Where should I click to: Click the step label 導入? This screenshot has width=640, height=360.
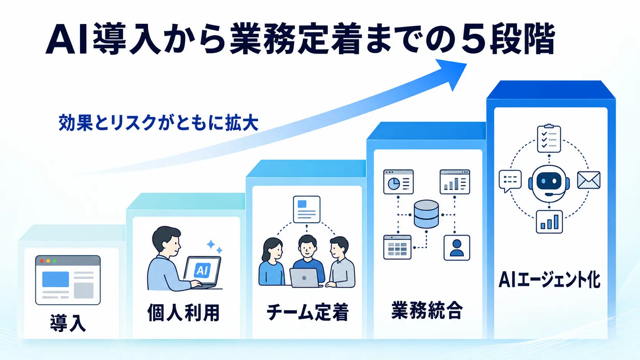click(x=68, y=323)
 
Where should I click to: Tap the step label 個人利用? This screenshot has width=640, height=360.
click(x=183, y=313)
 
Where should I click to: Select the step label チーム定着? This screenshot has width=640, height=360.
click(x=307, y=312)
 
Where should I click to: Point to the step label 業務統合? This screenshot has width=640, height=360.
click(x=426, y=310)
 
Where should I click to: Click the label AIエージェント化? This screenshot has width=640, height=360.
click(x=549, y=280)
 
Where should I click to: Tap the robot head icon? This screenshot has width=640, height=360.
click(x=549, y=183)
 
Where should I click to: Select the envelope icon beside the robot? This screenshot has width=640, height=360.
click(x=589, y=180)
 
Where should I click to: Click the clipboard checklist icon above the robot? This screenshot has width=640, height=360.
click(x=549, y=138)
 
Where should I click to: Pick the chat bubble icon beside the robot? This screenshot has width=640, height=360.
click(x=510, y=181)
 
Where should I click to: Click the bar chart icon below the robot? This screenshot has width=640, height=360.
click(x=549, y=222)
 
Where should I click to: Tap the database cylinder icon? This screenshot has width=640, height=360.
click(x=426, y=214)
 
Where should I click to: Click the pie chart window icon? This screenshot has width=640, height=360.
click(x=398, y=182)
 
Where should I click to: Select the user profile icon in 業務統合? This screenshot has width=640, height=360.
click(x=457, y=248)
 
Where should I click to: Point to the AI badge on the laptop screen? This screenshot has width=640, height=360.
click(x=202, y=270)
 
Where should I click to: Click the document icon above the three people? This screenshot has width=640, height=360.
click(x=307, y=209)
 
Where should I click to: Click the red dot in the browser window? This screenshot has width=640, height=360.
click(x=42, y=261)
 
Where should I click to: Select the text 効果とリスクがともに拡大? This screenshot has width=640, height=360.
click(x=158, y=123)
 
